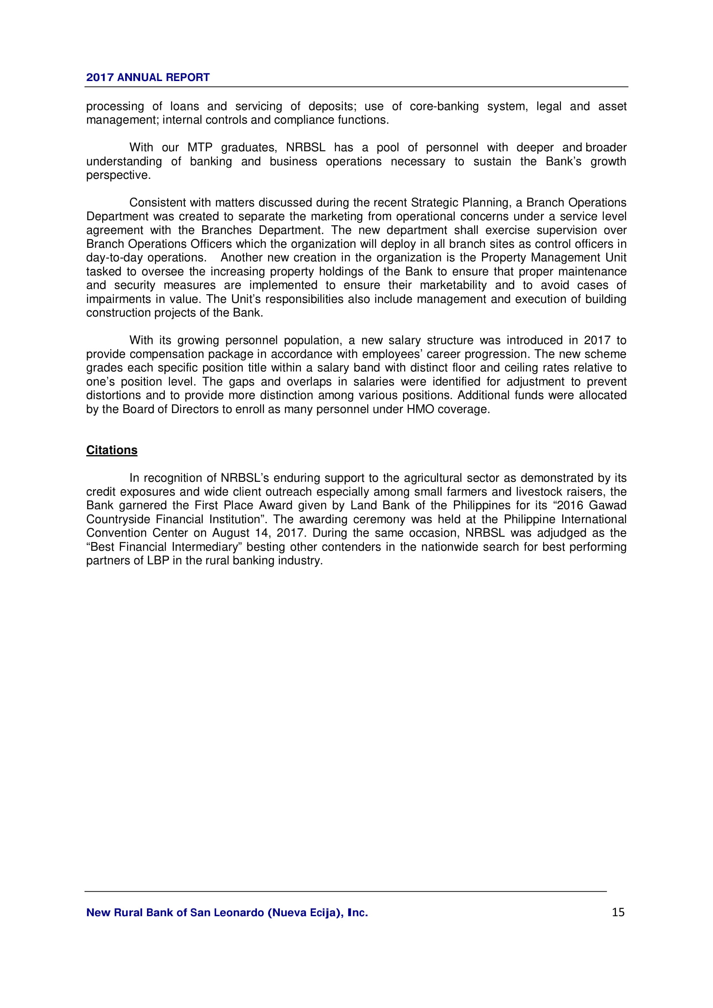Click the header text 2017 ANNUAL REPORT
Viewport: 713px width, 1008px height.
[147, 77]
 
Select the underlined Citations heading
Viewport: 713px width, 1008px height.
[112, 450]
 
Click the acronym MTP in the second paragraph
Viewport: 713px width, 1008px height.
[200, 147]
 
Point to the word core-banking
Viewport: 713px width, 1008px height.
[444, 106]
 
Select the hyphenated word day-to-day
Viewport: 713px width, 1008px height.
[115, 258]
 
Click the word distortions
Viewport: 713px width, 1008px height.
[114, 395]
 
